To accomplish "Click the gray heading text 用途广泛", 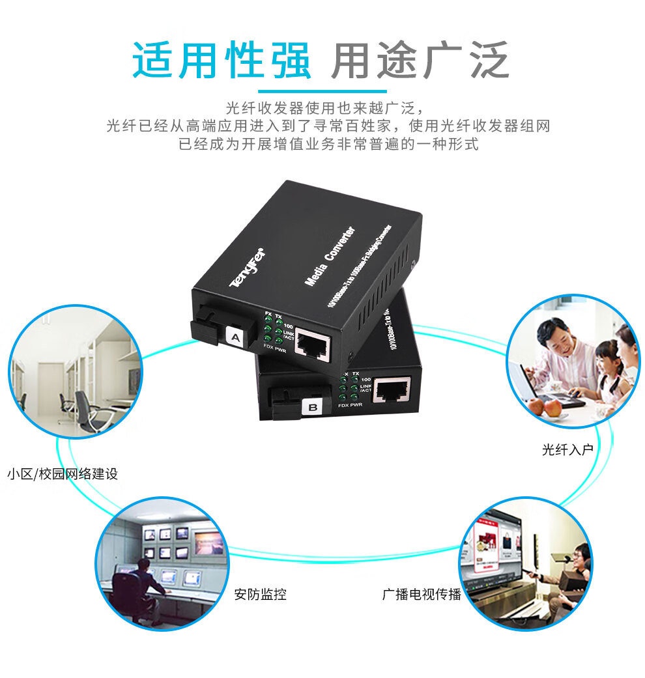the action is pyautogui.click(x=420, y=61).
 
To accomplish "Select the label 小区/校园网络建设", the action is pyautogui.click(x=63, y=473).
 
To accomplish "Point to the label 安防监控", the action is pyautogui.click(x=260, y=594).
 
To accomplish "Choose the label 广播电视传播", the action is pyautogui.click(x=422, y=594).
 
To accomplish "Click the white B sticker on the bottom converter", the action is pyautogui.click(x=312, y=408).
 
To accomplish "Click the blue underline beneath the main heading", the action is pyautogui.click(x=322, y=91).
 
